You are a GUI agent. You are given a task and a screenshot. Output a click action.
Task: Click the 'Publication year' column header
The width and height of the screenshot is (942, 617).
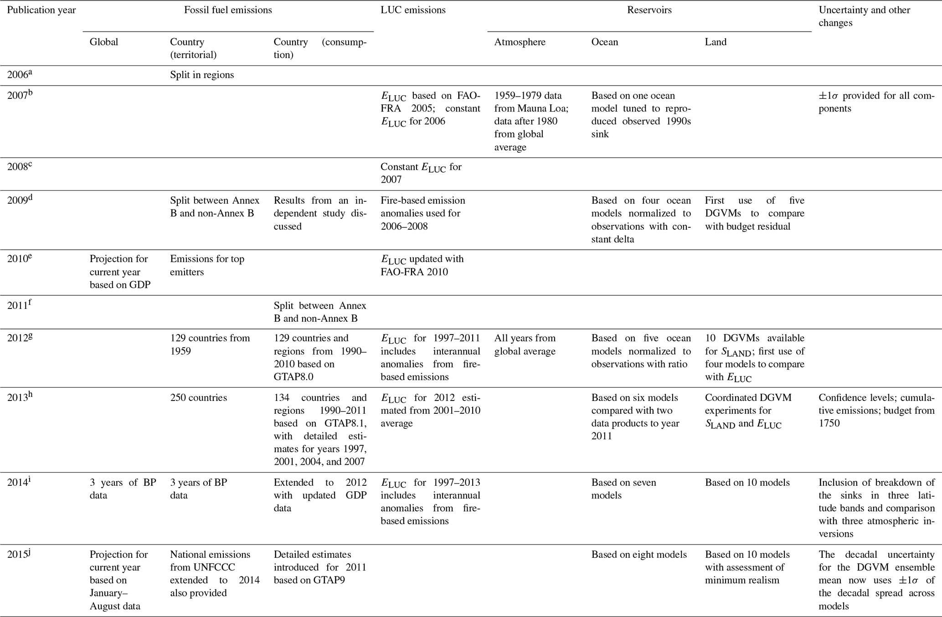(x=41, y=10)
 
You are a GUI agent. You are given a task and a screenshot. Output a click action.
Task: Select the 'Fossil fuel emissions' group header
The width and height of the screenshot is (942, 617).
(x=228, y=10)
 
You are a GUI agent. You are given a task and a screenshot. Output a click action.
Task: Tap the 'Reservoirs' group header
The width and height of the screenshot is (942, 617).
(x=649, y=10)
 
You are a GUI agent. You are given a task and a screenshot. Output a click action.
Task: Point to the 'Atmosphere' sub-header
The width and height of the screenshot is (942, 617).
(x=520, y=42)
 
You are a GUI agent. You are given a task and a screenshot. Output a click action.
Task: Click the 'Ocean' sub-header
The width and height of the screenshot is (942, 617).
(x=605, y=42)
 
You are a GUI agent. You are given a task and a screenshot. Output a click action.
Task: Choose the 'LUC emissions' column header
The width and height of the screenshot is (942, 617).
(x=413, y=10)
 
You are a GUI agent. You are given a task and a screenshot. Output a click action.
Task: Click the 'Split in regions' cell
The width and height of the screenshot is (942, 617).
(x=202, y=75)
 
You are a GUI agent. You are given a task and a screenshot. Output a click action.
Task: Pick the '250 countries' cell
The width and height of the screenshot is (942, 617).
(x=198, y=397)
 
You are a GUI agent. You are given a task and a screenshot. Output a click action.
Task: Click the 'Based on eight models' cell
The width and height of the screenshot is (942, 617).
(x=639, y=555)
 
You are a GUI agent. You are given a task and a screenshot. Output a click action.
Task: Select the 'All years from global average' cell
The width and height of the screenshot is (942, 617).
(x=525, y=344)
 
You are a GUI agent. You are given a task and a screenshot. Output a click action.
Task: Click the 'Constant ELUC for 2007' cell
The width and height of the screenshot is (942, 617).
(x=421, y=173)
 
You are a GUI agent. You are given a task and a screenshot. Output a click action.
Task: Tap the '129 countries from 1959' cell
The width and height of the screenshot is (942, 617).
(x=210, y=344)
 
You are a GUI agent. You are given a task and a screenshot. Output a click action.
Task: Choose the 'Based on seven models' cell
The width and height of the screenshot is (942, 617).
(x=623, y=488)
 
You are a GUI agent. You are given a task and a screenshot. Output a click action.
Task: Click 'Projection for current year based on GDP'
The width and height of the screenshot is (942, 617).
(x=119, y=272)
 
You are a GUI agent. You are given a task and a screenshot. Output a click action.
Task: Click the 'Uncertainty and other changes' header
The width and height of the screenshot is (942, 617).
(x=864, y=16)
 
